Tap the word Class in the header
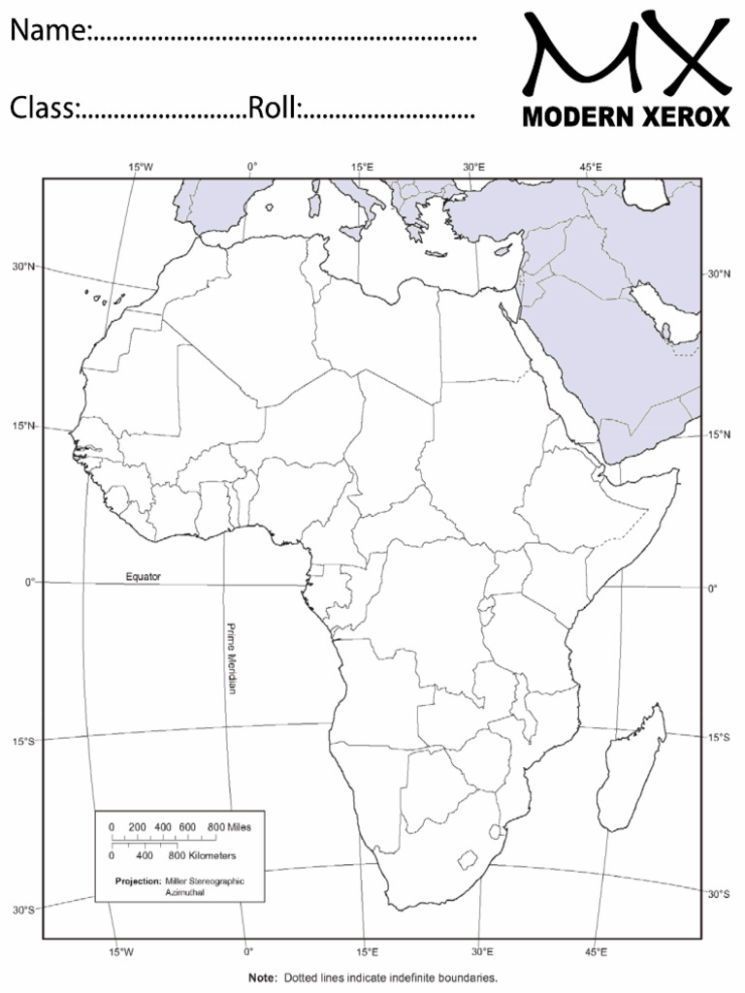pos(43,109)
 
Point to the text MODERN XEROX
pos(626,117)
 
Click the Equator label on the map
pos(144,577)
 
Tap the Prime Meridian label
pos(232,657)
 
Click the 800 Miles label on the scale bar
pos(229,827)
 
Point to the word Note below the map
pos(261,977)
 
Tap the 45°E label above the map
pos(591,167)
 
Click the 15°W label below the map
pos(121,951)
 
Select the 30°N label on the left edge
pos(23,266)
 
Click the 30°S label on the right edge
pos(719,893)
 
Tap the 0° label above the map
pos(252,167)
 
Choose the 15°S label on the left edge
pos(23,742)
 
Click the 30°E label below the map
pos(482,951)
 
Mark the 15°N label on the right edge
pos(719,434)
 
